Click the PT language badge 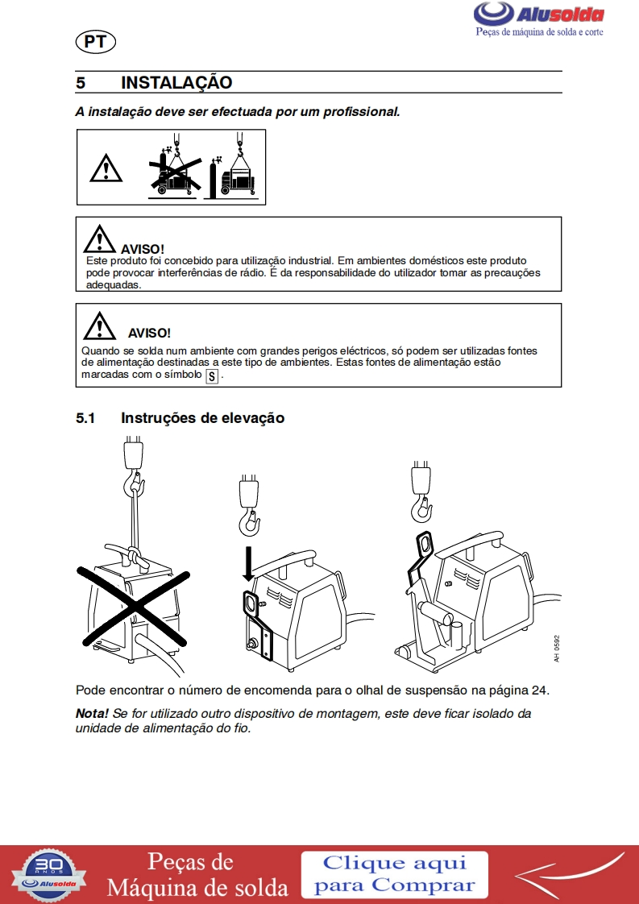coord(96,42)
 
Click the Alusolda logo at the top coord(538,19)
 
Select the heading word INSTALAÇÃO coord(176,82)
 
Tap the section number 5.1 coord(85,418)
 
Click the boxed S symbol coord(212,376)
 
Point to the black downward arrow coord(248,563)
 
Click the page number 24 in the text coord(538,690)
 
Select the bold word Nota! coord(93,713)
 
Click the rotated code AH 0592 coord(557,649)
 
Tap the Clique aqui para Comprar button coord(395,875)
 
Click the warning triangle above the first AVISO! coord(99,239)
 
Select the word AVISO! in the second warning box coord(149,333)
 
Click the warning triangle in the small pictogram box coord(106,168)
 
